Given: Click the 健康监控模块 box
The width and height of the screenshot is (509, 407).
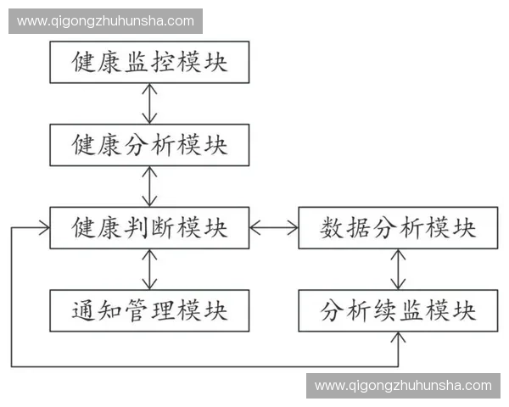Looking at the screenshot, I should point(149,62).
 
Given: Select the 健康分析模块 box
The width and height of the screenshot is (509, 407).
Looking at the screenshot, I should point(149,145).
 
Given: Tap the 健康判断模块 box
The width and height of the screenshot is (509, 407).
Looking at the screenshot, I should point(149,227).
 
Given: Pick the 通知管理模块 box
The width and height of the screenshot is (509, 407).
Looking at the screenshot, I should point(149,310).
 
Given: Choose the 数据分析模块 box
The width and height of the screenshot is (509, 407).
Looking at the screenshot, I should point(398,227).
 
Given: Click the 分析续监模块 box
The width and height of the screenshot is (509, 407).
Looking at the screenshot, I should point(398,310).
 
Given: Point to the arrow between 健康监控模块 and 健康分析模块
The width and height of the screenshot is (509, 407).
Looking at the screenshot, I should point(150,103).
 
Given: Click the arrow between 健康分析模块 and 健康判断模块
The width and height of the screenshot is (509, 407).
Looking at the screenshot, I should point(150,186).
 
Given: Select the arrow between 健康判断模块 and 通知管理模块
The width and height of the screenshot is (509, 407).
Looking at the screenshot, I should point(150,269).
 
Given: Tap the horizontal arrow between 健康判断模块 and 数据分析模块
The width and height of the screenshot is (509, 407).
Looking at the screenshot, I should point(274,227).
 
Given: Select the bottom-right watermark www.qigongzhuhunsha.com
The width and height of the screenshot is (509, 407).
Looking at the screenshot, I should point(403,386).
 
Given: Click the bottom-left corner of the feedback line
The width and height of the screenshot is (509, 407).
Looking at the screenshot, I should point(12,366).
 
